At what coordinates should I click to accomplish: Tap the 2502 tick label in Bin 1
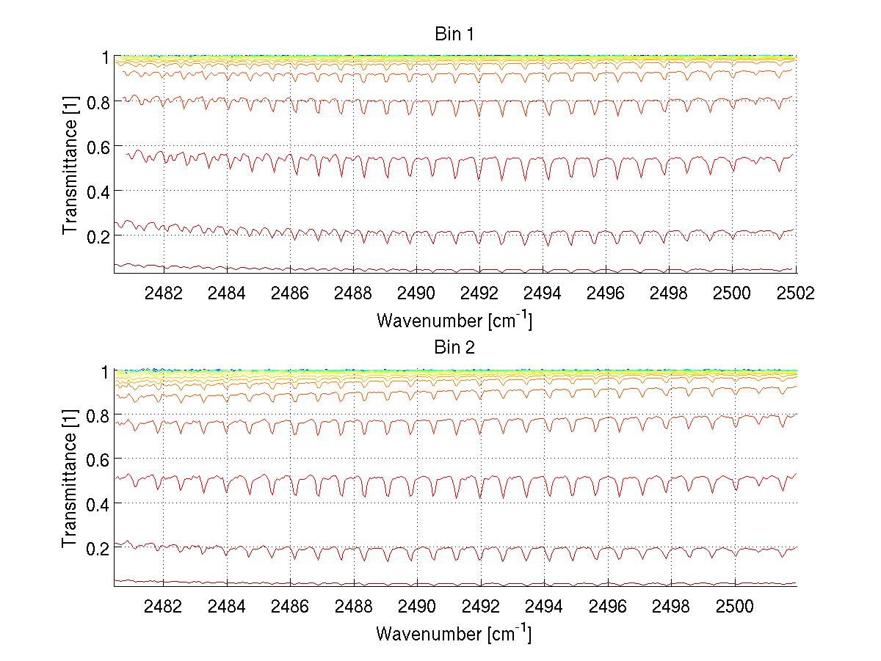coord(795,292)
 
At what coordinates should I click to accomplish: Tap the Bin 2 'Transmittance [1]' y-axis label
coord(70,478)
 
